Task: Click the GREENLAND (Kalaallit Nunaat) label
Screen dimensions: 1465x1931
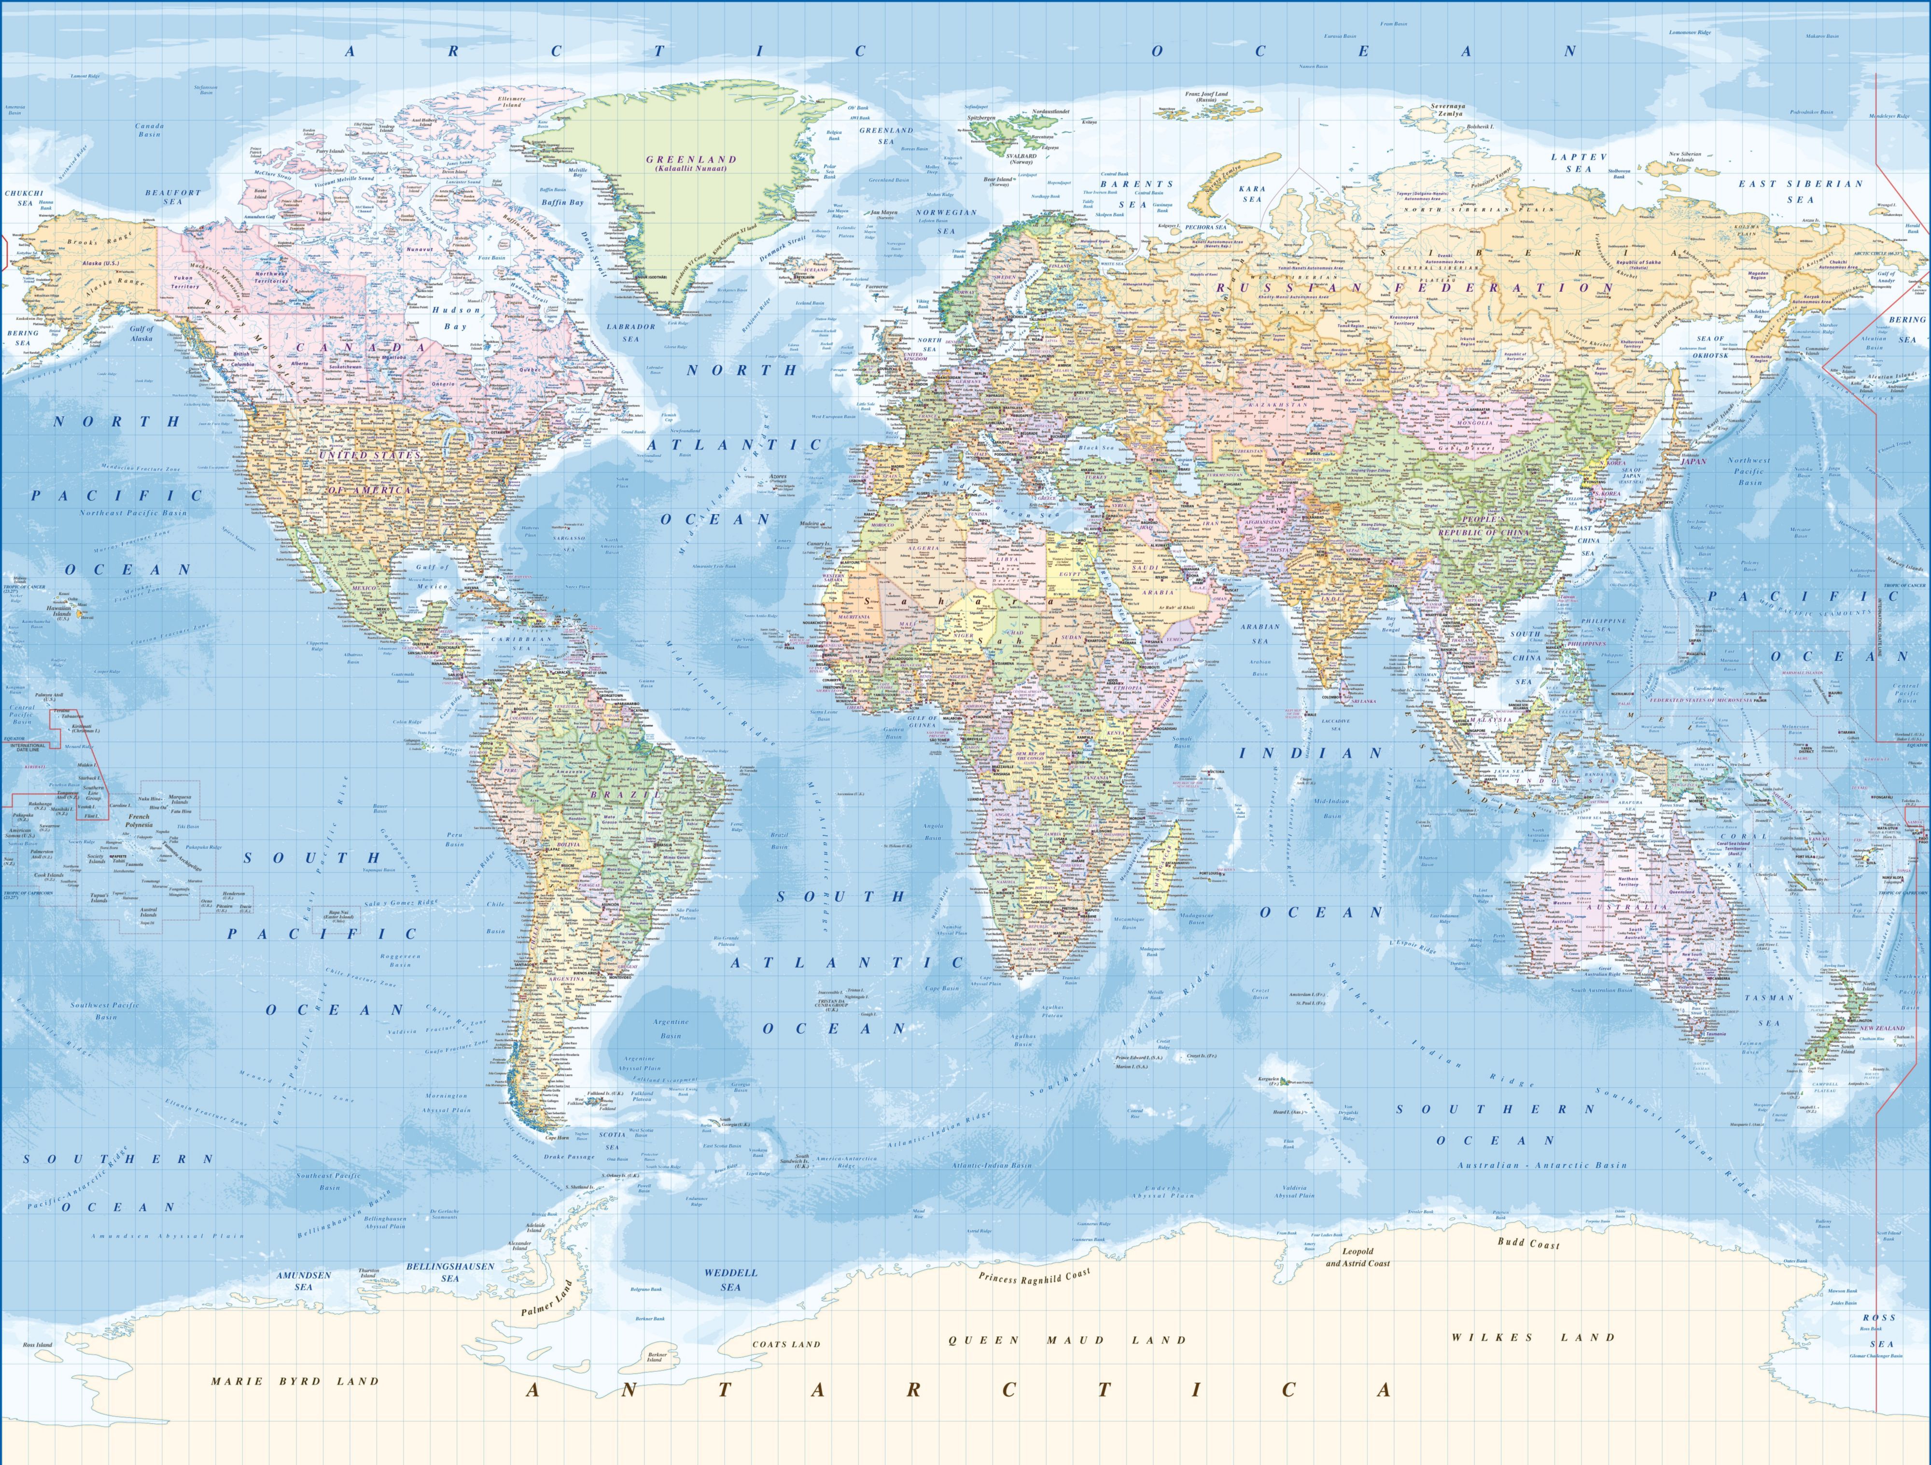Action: [691, 163]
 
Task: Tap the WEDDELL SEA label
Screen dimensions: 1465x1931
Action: [731, 1280]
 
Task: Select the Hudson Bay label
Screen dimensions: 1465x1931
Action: [456, 318]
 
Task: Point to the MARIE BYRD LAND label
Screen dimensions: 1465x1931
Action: [295, 1381]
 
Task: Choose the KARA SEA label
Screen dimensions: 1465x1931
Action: [1252, 193]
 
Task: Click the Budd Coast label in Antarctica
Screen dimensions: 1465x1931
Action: [1528, 1243]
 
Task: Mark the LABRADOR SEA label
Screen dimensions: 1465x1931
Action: [630, 333]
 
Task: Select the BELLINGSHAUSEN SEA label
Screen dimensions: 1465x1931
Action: [449, 1272]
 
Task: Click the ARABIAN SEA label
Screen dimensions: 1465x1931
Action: [1259, 633]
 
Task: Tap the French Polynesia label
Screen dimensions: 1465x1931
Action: [139, 821]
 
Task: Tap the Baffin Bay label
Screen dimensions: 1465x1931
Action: [562, 202]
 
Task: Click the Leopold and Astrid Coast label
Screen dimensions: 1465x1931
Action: [1357, 1257]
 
